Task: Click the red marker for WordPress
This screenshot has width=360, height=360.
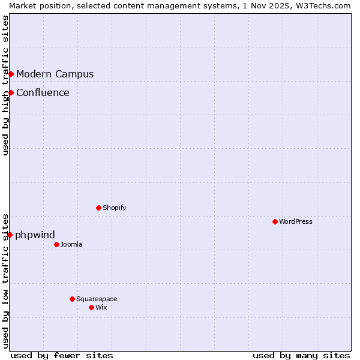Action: point(275,221)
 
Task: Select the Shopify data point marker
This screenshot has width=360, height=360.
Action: point(98,208)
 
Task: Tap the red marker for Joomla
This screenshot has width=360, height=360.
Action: point(56,244)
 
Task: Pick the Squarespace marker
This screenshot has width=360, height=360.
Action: point(72,299)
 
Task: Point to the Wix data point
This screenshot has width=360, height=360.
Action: point(91,307)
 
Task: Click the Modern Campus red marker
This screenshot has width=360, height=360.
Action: point(11,74)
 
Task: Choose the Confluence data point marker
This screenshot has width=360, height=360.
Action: point(11,92)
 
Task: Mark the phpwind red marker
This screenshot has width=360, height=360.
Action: point(10,235)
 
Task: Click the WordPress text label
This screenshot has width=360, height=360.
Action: point(296,221)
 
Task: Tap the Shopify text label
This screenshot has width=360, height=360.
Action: point(114,208)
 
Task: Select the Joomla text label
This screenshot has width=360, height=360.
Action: point(71,244)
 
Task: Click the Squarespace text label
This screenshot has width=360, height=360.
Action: point(97,299)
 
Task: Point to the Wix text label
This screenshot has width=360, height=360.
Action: point(101,307)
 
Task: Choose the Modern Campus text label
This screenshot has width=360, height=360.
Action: point(55,74)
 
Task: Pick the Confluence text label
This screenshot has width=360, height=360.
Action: point(43,92)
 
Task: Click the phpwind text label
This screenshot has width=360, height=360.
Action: point(35,235)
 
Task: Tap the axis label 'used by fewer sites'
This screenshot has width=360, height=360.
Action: point(62,355)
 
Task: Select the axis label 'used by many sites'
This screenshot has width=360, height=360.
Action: point(301,355)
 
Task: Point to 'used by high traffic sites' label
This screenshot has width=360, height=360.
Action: point(5,85)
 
